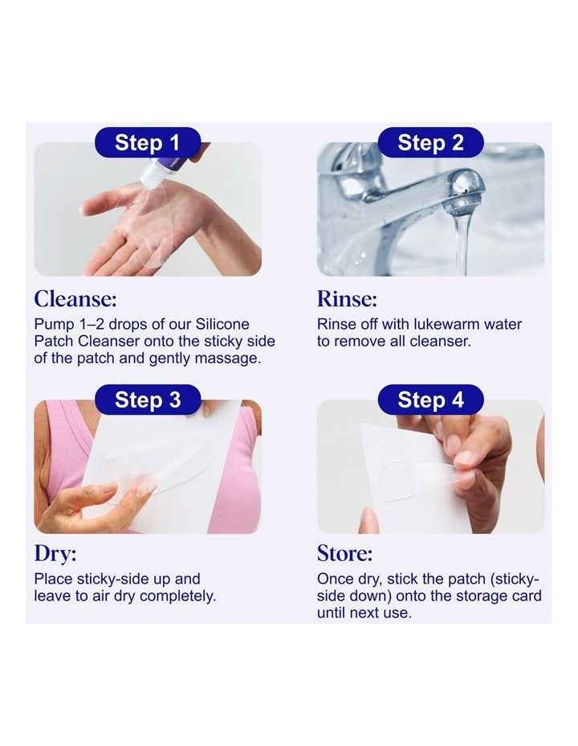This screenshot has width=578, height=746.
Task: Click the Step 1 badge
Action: [x=148, y=143]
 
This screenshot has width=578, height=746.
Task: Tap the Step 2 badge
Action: [x=430, y=143]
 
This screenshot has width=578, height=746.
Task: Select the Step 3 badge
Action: [x=148, y=400]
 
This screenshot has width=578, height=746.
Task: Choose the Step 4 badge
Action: [x=430, y=400]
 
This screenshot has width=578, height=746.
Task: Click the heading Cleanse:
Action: [x=75, y=299]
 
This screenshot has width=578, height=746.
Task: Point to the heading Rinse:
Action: [x=347, y=299]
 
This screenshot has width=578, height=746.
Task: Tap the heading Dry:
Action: [x=55, y=554]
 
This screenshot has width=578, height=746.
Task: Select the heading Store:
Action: [x=344, y=554]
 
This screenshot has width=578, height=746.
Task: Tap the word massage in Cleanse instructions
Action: [x=233, y=359]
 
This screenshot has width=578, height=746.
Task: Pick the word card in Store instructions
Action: [x=526, y=596]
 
